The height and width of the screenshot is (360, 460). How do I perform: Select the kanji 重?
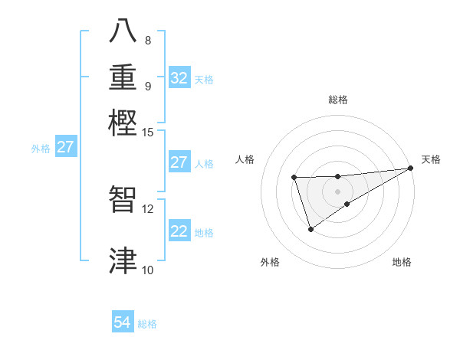point(123,78)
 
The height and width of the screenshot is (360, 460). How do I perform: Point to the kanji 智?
point(123,200)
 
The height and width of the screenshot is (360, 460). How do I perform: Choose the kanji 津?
point(123,260)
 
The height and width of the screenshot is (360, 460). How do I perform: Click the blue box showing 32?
point(179,78)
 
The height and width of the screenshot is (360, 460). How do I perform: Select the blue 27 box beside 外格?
point(65,147)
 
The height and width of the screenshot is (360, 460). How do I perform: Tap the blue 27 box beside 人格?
point(179,162)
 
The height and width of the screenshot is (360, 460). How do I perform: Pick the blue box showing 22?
point(179,231)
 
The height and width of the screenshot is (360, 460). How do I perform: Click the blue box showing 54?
point(123,322)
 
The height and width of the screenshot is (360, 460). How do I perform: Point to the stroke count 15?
point(148,132)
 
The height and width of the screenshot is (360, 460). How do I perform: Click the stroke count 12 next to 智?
point(148,208)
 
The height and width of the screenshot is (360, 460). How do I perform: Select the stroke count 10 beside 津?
point(148,269)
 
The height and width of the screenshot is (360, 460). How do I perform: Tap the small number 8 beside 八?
point(148,41)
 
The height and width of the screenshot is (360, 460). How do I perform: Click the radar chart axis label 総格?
point(338,100)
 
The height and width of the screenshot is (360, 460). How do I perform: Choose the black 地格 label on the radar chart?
point(402,262)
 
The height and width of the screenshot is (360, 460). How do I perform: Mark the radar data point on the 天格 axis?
point(410,168)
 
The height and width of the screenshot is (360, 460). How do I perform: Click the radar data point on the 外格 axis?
point(310,229)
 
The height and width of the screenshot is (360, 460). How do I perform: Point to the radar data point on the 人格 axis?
point(294,178)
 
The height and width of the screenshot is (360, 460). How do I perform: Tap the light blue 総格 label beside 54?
point(147,324)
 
